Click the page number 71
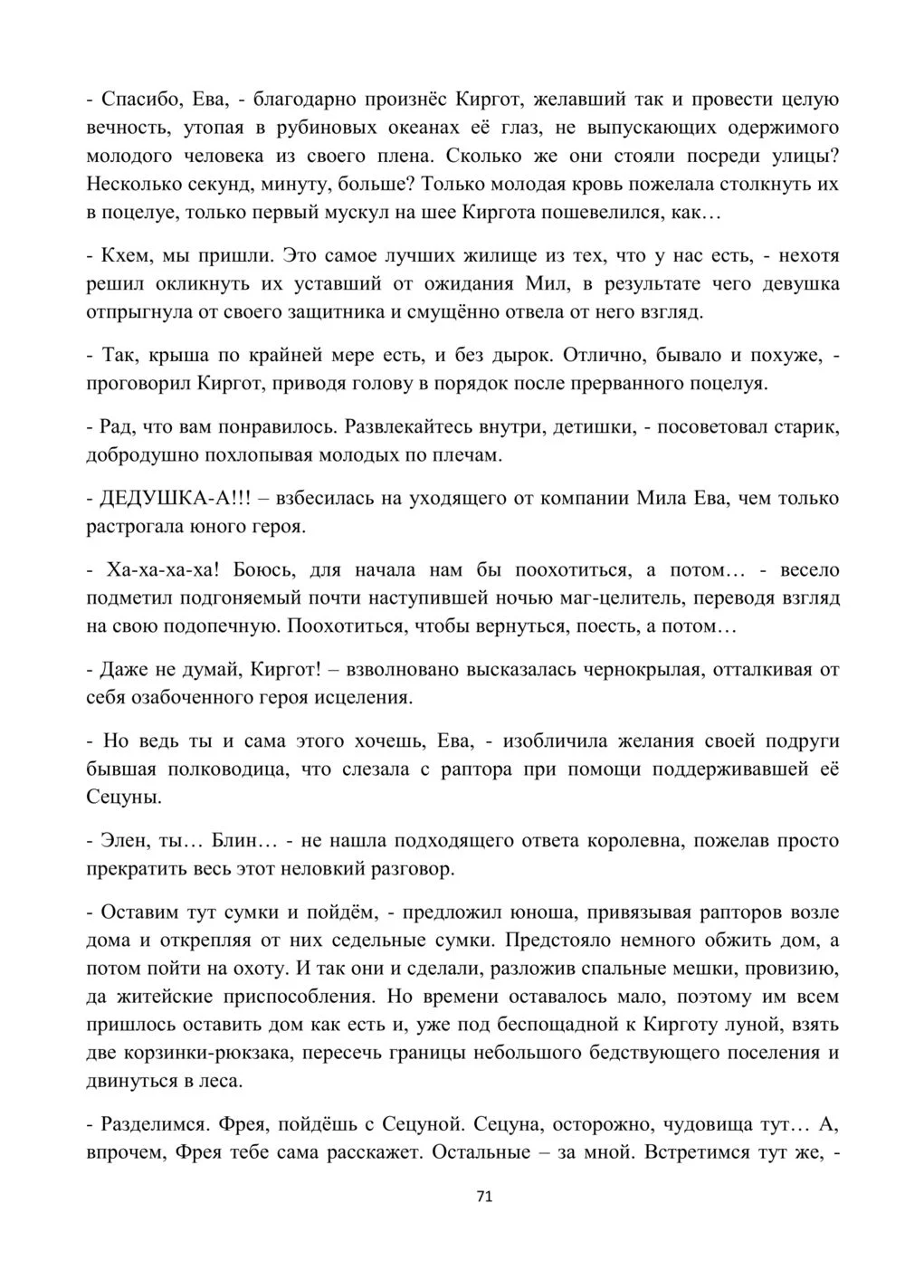point(483,1196)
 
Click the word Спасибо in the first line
point(137,100)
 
